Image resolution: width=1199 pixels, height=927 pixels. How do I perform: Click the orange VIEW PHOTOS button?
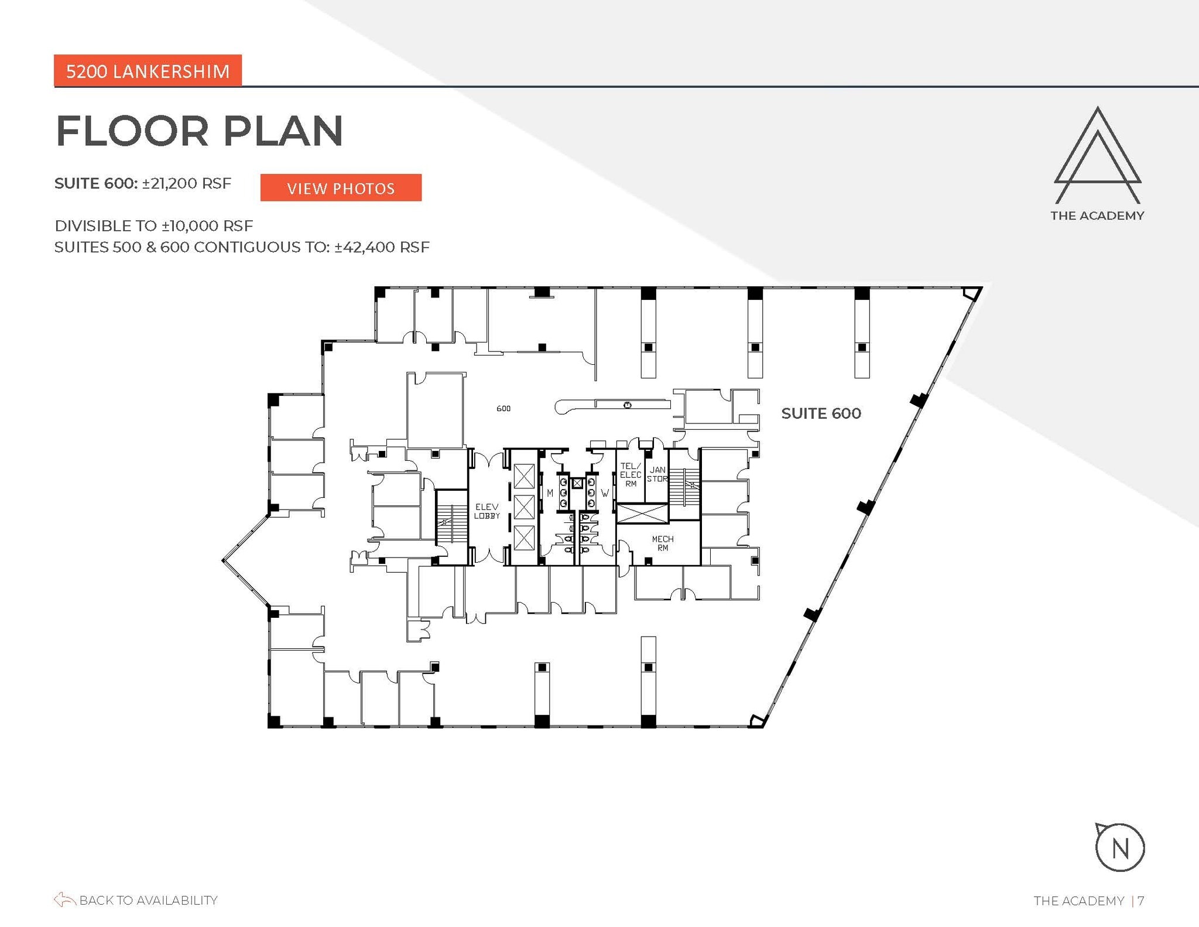341,188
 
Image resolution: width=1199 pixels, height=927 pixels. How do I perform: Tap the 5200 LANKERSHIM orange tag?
148,71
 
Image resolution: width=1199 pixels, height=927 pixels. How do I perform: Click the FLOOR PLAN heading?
199,131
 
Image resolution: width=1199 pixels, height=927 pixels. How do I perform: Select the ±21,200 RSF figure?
186,183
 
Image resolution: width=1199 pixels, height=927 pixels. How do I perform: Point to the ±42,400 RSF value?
382,247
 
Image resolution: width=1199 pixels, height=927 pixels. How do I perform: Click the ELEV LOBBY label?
487,511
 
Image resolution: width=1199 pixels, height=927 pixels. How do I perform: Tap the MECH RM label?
662,543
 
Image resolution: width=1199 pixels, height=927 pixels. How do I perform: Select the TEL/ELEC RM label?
631,474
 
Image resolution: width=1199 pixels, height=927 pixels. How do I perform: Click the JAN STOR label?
657,474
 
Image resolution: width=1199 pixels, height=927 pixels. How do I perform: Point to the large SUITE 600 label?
821,413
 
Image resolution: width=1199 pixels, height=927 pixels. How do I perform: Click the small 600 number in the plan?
503,408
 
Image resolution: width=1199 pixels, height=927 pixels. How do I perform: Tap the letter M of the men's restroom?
550,493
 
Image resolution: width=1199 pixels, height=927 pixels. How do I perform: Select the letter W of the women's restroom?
605,493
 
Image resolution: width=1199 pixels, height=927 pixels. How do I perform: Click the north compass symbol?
1119,847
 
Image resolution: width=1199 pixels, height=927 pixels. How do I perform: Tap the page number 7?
1141,901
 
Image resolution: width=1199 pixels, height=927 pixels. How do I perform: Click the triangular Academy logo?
1097,155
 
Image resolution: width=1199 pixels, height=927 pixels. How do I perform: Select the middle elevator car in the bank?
524,507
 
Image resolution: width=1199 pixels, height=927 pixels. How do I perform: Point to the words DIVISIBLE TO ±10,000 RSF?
154,225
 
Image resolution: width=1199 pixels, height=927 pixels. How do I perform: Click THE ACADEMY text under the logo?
1097,215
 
